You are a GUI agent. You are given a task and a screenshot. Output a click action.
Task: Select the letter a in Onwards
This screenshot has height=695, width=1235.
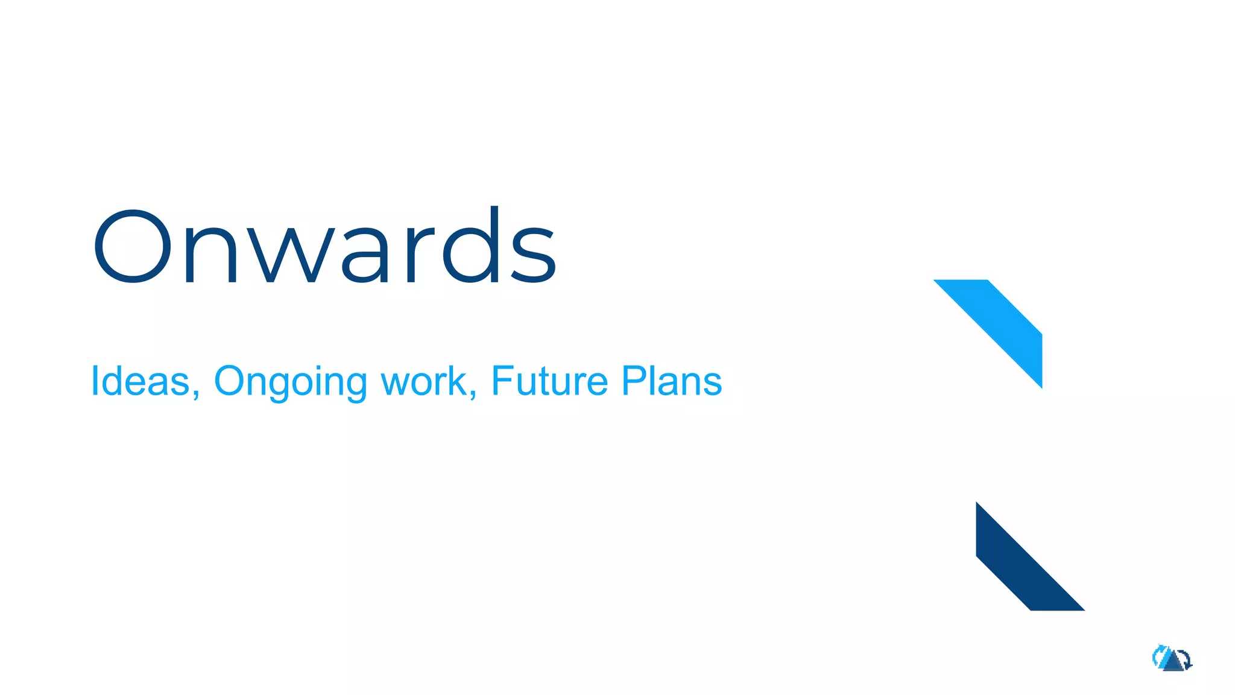point(364,253)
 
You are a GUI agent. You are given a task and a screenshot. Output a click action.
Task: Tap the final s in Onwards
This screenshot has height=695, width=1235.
point(534,253)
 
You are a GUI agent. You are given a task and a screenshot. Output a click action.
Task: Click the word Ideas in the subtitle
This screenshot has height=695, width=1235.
point(140,381)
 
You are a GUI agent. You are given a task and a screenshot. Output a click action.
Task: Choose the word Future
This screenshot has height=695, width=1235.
point(549,381)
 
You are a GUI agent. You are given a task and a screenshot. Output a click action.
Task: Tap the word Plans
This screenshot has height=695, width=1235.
point(671,381)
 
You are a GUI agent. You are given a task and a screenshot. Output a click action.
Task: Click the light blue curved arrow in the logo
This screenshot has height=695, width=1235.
point(1158,656)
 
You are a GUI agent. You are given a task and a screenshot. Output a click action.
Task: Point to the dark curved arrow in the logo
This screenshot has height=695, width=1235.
point(1187,659)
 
